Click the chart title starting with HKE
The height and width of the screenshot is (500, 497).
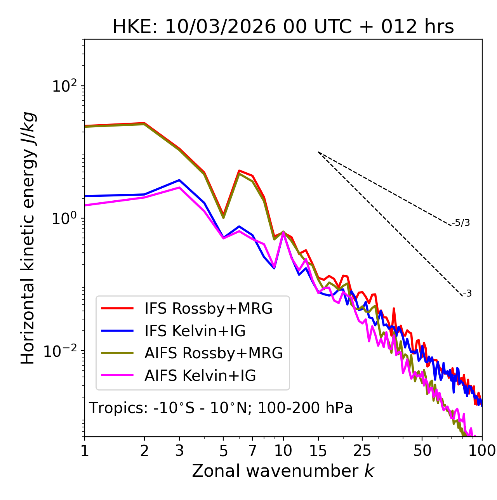[x=283, y=27]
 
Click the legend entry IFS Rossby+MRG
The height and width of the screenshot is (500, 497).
[x=208, y=309]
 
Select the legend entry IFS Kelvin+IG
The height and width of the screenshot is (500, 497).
[x=195, y=331]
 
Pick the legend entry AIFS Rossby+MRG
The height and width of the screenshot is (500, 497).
[x=214, y=353]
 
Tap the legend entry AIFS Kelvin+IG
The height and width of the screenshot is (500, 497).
[x=200, y=376]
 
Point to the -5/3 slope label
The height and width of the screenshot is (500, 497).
[x=461, y=223]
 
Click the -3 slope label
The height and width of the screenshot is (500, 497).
[x=467, y=294]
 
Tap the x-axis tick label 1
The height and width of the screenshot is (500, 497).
[x=85, y=451]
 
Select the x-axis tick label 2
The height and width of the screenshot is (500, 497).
[x=144, y=451]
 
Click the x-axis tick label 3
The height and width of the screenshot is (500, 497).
[x=179, y=451]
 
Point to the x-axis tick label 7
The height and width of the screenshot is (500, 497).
[x=252, y=451]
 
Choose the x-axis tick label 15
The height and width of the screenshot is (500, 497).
[x=318, y=451]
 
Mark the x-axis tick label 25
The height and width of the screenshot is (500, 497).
[x=362, y=451]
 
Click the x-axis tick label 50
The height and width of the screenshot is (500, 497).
[x=422, y=451]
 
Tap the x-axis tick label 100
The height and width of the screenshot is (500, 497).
[x=482, y=451]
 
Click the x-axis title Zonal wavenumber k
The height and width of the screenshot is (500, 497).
[x=283, y=471]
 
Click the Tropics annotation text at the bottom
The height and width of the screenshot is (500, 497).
[x=221, y=408]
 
